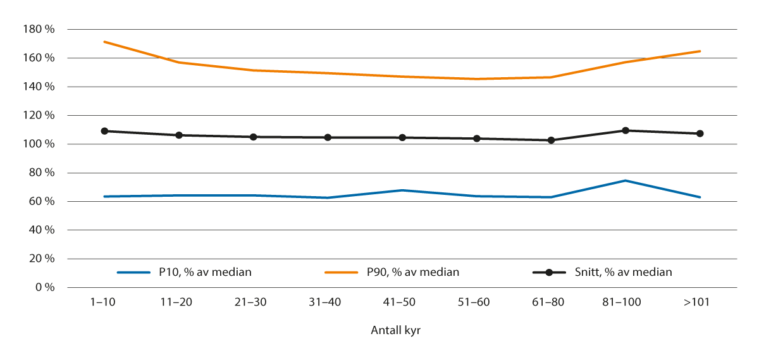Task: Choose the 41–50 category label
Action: click(402, 302)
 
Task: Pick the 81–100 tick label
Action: click(625, 302)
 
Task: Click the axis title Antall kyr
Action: click(395, 331)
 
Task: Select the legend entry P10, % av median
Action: click(201, 272)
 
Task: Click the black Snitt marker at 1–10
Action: click(104, 131)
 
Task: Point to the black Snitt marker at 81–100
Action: click(626, 130)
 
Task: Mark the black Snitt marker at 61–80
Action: click(551, 140)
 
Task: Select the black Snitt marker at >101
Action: click(700, 133)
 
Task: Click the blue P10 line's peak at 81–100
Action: click(626, 180)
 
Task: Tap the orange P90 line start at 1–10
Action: click(104, 42)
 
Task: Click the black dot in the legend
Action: click(549, 273)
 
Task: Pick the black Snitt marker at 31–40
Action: click(328, 137)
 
